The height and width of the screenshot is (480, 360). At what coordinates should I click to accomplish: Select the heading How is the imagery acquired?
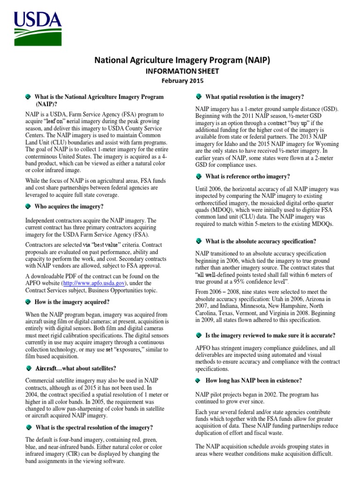73,302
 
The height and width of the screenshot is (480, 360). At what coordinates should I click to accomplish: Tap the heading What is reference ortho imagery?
248,176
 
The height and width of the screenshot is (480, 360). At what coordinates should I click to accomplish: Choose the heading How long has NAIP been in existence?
254,380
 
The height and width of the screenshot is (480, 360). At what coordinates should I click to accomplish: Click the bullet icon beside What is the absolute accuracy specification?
199,241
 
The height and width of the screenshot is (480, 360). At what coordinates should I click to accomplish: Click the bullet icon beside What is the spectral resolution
29,427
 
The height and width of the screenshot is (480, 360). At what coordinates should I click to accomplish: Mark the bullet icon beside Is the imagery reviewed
199,336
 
